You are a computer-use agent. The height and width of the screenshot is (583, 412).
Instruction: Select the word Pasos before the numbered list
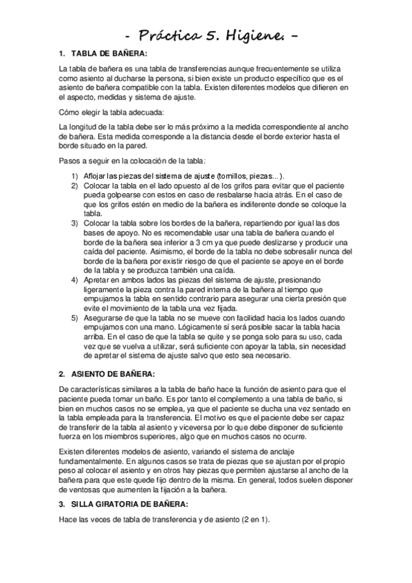point(70,161)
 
